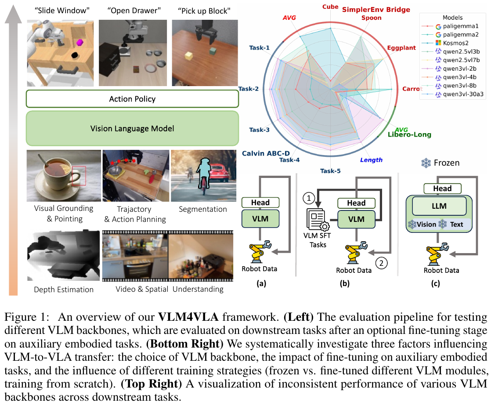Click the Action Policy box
132,99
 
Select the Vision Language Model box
132,129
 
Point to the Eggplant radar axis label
401,47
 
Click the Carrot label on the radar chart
412,89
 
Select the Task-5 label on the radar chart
330,170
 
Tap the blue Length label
371,160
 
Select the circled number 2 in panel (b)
382,264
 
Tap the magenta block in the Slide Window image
80,43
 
